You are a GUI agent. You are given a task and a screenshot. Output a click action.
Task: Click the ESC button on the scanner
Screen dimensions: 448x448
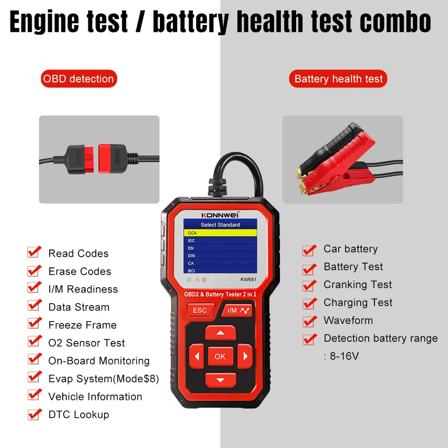[200, 310]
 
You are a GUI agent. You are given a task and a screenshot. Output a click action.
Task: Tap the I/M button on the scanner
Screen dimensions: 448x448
[237, 310]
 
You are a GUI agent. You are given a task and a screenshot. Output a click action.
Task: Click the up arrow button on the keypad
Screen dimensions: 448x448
[220, 333]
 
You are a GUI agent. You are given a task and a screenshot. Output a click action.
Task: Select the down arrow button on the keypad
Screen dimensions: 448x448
[220, 380]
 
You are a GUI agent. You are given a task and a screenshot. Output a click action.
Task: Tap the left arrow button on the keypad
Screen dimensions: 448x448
[197, 357]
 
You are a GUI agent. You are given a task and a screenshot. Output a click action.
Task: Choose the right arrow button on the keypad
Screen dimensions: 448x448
[244, 357]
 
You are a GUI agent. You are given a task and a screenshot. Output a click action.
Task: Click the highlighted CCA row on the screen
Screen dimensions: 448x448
[220, 233]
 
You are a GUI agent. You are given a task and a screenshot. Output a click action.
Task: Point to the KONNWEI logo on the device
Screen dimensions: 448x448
[220, 214]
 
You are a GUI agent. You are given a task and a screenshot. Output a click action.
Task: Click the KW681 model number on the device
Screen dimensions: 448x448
[249, 279]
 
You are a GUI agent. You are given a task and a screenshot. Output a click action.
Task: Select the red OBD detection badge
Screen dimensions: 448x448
[78, 79]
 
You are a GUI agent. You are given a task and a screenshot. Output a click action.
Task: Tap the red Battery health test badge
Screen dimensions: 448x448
[338, 79]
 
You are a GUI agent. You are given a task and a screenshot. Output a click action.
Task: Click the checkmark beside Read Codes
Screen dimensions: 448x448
[34, 252]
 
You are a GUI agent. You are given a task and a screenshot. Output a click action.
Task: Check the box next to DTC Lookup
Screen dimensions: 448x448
[34, 414]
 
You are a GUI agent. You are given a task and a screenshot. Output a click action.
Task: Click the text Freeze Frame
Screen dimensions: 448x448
[83, 325]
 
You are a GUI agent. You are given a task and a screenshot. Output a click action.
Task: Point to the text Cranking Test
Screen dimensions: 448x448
[357, 284]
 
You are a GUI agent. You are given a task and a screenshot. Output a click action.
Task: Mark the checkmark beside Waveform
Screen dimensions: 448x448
[309, 321]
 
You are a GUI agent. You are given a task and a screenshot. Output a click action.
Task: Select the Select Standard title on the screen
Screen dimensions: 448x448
[220, 225]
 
